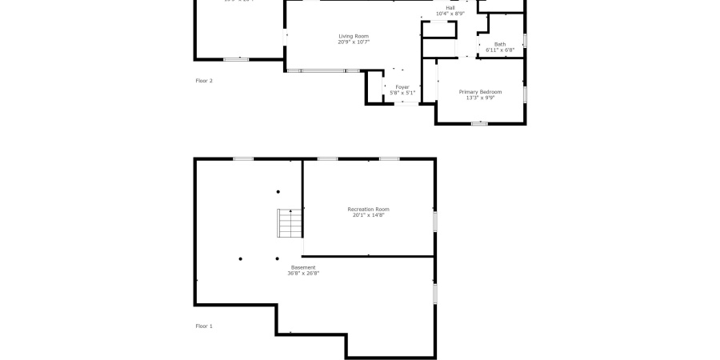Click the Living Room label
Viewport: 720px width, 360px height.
(354, 36)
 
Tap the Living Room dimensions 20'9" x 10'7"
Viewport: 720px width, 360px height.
(354, 42)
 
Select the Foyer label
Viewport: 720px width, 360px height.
(402, 86)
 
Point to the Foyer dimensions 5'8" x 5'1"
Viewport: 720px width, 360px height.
(402, 93)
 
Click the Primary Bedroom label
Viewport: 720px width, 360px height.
(480, 92)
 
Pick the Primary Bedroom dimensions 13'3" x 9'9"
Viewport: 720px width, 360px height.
(480, 98)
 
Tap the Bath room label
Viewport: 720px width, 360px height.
(500, 44)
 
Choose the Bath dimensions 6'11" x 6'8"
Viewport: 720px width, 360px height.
(500, 50)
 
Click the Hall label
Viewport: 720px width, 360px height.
(450, 8)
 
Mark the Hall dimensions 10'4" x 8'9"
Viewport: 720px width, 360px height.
(450, 14)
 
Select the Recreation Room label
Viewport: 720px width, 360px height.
(368, 209)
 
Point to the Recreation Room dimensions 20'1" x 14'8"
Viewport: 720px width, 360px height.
(368, 215)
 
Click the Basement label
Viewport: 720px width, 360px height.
(303, 267)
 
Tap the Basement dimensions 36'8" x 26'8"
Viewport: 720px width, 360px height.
(303, 274)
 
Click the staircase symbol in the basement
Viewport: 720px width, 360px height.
(289, 223)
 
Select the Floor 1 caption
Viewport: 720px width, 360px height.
(204, 326)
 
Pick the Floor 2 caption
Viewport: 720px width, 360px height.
(204, 81)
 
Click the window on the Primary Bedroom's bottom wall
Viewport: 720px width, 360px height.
(479, 123)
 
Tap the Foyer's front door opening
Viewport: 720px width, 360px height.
(407, 103)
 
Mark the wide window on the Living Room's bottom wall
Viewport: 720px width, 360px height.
(324, 70)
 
